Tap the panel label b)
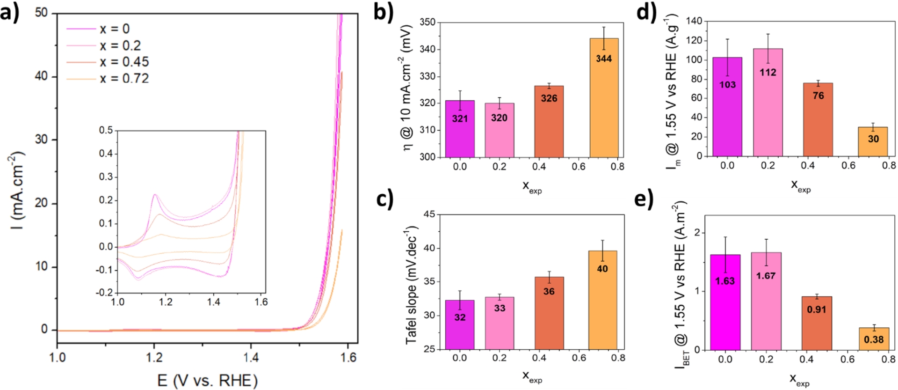[x=384, y=12]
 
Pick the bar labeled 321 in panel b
[x=460, y=129]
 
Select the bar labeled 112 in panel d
[x=768, y=102]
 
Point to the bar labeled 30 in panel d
[x=873, y=141]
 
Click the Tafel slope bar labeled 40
[x=602, y=300]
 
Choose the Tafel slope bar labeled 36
[x=549, y=313]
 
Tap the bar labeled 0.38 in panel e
[x=874, y=338]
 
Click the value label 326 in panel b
[x=549, y=98]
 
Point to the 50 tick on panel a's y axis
[x=42, y=13]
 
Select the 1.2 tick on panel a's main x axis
[x=154, y=358]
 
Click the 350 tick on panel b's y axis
[x=427, y=22]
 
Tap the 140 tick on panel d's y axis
[x=694, y=21]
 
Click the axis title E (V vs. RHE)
[x=207, y=380]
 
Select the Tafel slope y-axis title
[x=411, y=286]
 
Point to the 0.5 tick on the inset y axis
[x=106, y=130]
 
